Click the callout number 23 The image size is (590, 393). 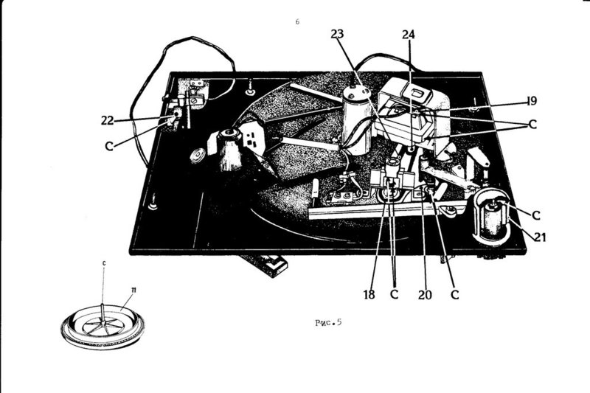[x=338, y=34]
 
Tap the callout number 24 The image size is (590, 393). [x=409, y=35]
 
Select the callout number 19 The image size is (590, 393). [x=532, y=101]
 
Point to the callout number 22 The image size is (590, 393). [x=107, y=120]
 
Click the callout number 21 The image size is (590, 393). [x=540, y=237]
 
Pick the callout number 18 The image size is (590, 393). [x=369, y=294]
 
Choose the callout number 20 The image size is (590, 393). [x=425, y=295]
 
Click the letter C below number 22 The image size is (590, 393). [x=109, y=146]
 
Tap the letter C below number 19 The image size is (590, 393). [x=532, y=124]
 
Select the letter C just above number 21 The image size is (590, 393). [x=536, y=215]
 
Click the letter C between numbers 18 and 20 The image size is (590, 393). [x=394, y=294]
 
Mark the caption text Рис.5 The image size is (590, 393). [x=328, y=322]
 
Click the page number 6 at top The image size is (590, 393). [x=297, y=22]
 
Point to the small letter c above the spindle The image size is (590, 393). [x=104, y=263]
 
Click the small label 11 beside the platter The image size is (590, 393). [x=133, y=290]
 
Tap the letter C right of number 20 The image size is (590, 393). [x=455, y=294]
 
